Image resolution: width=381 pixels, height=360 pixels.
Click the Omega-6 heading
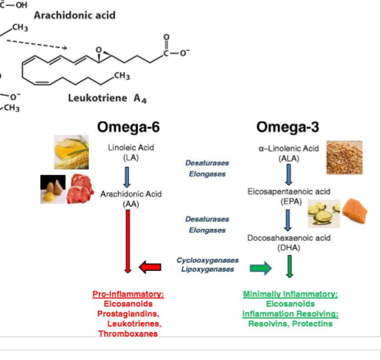[129, 128]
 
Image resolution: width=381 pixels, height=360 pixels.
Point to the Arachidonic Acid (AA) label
[130, 199]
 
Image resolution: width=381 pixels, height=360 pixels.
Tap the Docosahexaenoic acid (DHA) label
[289, 242]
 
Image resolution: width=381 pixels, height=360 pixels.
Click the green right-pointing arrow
[260, 267]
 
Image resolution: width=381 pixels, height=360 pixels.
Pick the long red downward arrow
[128, 241]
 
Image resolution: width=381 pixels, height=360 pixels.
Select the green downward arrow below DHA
[289, 266]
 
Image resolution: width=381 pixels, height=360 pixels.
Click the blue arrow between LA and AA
[128, 176]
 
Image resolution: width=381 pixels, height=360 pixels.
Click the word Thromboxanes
[128, 333]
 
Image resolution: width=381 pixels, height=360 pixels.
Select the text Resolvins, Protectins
[290, 323]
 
